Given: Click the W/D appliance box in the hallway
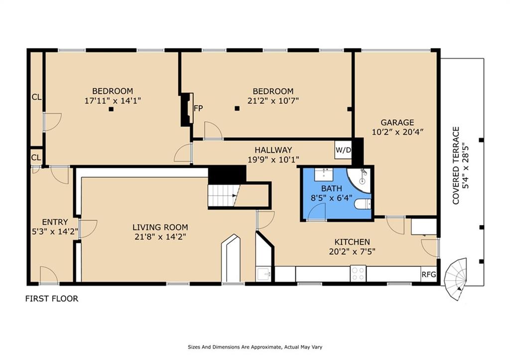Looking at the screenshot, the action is (x=343, y=150).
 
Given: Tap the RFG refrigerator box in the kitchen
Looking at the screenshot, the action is (x=429, y=274).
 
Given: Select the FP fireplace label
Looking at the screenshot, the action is (x=198, y=108).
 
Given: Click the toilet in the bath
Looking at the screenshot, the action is (x=363, y=204).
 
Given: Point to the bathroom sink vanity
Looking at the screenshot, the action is (x=324, y=175).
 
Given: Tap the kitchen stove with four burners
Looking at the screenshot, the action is (x=358, y=273).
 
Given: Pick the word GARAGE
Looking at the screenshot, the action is (x=397, y=122).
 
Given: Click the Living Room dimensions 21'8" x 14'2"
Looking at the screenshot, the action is (x=160, y=237).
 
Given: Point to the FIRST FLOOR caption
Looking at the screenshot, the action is (x=52, y=299).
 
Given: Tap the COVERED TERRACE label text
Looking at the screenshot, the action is (x=456, y=165).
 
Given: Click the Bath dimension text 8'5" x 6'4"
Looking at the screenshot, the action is (x=331, y=198).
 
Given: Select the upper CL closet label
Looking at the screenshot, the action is (x=36, y=97).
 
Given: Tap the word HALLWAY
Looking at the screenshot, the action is (x=273, y=150).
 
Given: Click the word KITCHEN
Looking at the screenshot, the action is (x=352, y=242).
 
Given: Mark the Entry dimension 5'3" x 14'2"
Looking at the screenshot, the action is (x=55, y=232).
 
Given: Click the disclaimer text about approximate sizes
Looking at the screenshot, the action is (x=255, y=347).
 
